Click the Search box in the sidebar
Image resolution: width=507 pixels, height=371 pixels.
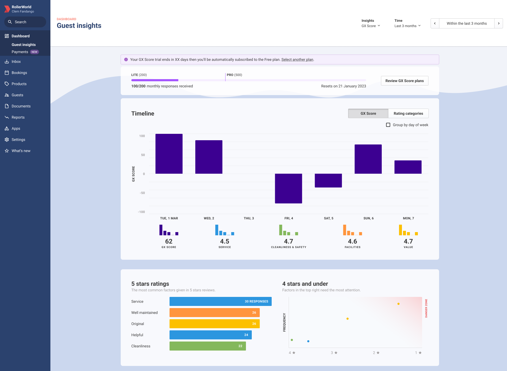25,22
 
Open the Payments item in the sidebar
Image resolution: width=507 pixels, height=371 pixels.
20,52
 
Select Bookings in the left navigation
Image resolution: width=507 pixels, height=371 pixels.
19,73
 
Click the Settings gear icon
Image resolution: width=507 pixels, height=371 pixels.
7,140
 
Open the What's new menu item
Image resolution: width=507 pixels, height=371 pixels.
21,151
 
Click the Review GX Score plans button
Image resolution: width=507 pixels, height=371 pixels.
404,81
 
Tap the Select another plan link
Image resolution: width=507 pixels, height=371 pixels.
297,59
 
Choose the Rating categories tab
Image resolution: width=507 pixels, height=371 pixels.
408,113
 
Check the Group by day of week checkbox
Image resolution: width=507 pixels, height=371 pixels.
388,125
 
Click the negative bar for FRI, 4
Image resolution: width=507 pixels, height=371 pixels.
288,188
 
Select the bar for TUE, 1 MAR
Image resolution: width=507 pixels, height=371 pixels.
169,154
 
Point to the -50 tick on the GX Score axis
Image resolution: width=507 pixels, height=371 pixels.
142,193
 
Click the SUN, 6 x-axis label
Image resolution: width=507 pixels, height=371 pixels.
368,218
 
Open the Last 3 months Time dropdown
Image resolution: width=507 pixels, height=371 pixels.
407,26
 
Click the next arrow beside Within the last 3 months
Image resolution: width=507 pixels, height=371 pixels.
499,23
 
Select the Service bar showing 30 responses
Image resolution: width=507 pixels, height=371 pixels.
220,301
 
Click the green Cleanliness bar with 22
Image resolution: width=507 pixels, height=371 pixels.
207,346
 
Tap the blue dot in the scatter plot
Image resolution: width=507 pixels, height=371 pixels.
308,341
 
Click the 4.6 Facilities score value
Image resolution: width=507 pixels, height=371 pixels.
352,241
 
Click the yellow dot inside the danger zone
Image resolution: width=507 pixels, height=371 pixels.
398,304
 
